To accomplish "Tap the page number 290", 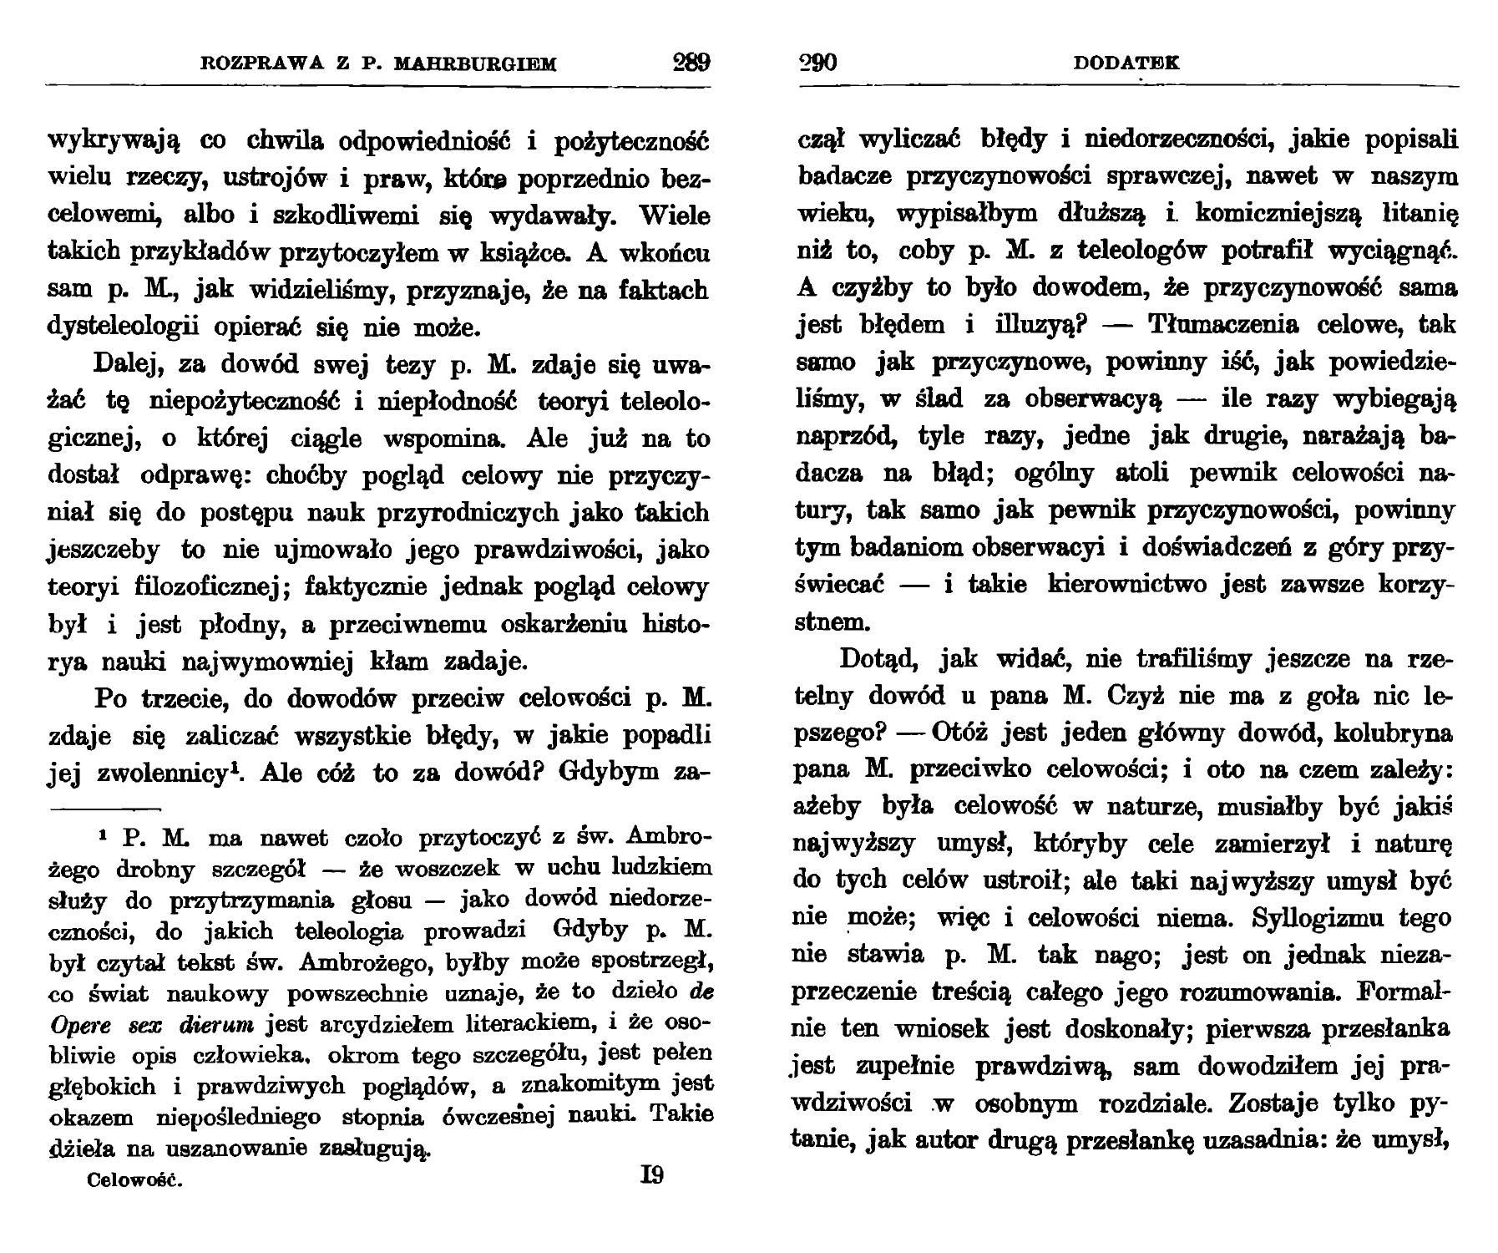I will coord(818,63).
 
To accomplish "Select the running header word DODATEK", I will coord(1126,63).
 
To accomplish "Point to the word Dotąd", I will coord(878,659).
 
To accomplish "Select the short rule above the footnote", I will coord(104,809).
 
